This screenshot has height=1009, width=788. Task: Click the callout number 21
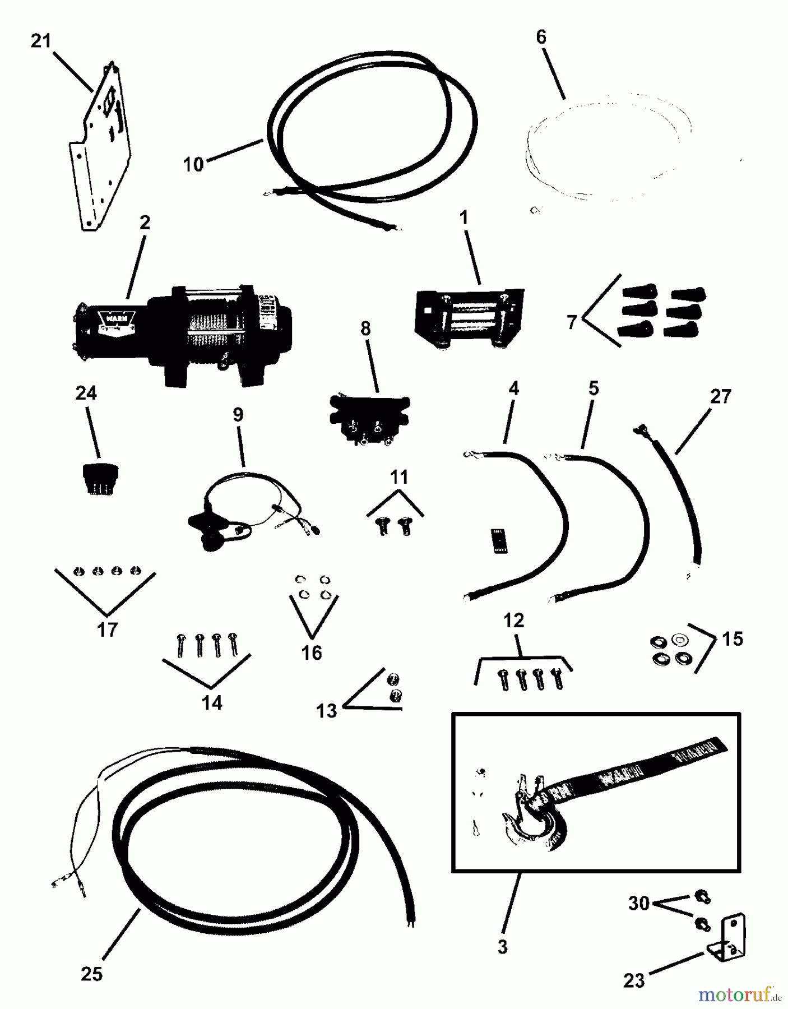click(x=40, y=41)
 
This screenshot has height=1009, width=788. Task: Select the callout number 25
click(x=91, y=974)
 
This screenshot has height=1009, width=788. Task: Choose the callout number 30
click(x=638, y=903)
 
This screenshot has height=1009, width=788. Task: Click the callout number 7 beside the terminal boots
click(x=572, y=322)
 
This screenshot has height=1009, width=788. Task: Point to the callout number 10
click(x=193, y=164)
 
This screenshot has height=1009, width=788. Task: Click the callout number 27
click(x=720, y=396)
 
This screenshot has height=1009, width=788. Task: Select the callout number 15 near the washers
click(x=733, y=638)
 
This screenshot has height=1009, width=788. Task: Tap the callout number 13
click(x=326, y=711)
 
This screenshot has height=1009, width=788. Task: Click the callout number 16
click(x=312, y=652)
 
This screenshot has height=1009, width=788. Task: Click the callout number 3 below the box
click(x=502, y=947)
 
